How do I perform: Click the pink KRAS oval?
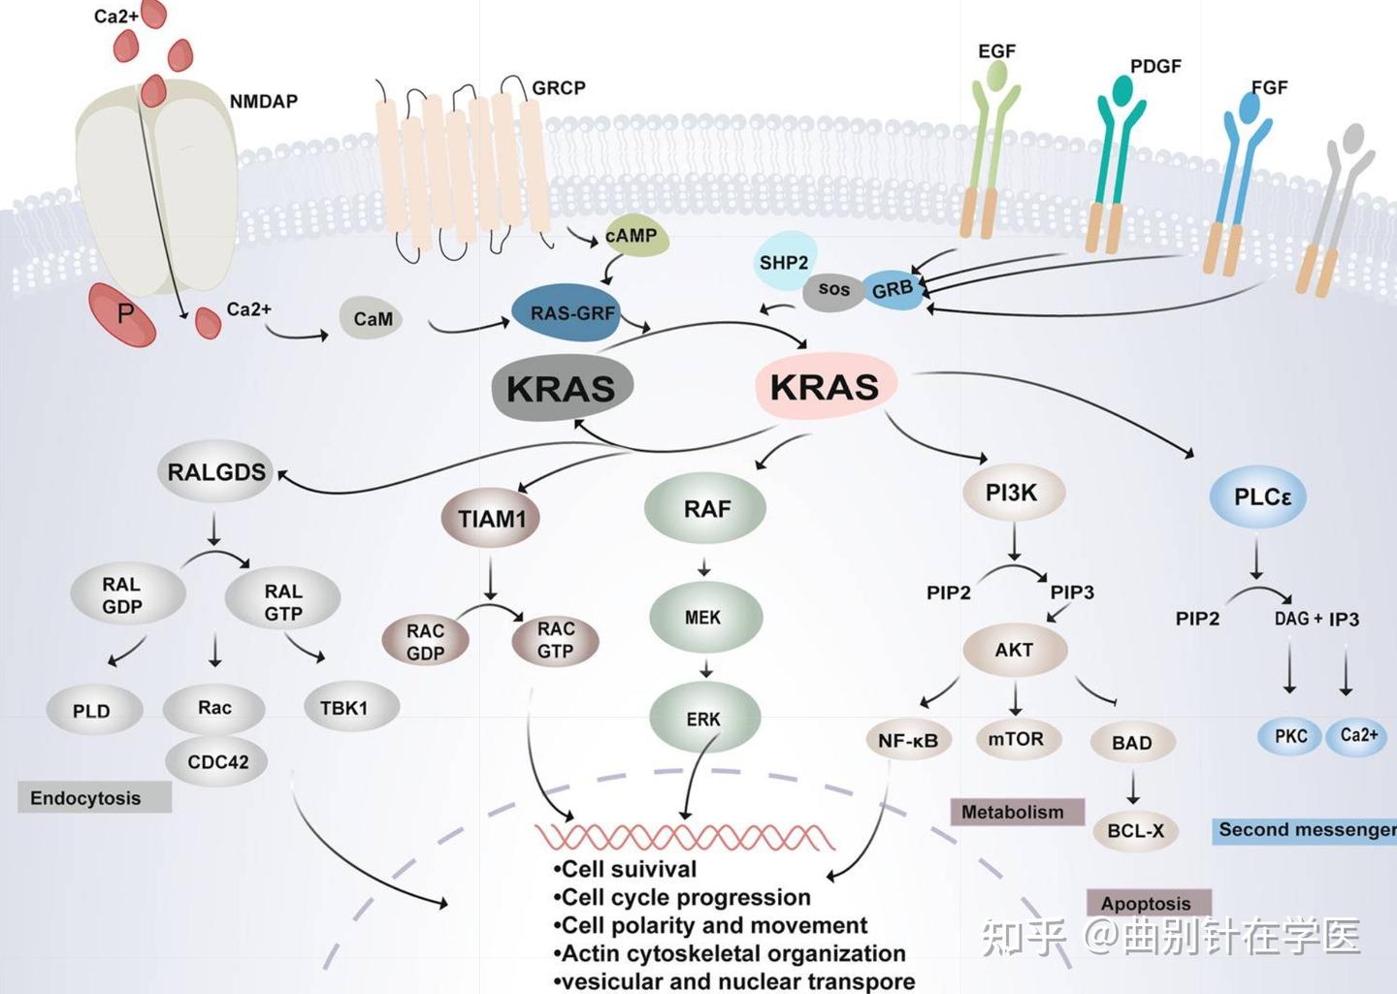click(825, 386)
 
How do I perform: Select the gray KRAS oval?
click(562, 388)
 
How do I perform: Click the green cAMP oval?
click(633, 236)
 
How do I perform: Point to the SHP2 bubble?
click(784, 262)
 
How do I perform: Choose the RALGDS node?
click(215, 472)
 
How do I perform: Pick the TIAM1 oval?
click(491, 519)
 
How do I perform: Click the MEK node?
click(704, 617)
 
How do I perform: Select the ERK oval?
click(704, 719)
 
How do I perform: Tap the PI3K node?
click(1013, 493)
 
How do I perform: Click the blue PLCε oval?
click(1258, 497)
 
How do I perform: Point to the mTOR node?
click(1016, 739)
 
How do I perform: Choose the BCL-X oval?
click(1135, 831)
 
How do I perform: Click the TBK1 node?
click(344, 708)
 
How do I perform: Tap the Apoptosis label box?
click(1148, 903)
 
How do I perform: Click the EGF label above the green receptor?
click(996, 51)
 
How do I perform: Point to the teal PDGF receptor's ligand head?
click(1121, 90)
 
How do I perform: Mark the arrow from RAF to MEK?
click(704, 567)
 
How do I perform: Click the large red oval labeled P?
click(122, 314)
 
